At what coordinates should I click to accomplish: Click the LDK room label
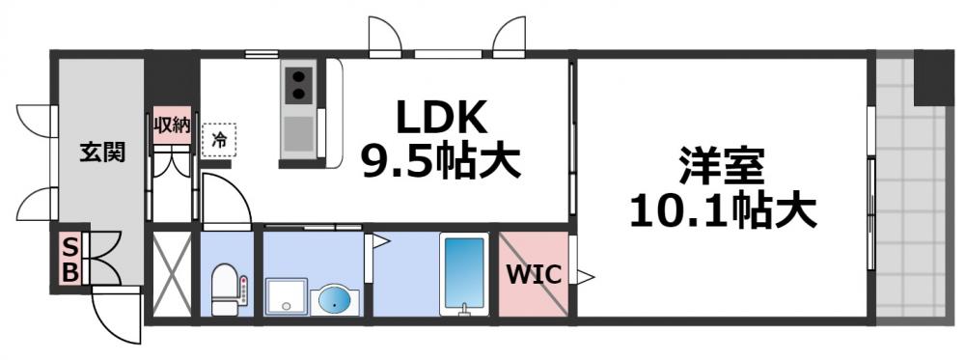click(440, 120)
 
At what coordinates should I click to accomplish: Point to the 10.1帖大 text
click(723, 209)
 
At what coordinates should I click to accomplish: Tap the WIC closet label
click(534, 274)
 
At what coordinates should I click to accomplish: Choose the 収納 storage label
click(174, 125)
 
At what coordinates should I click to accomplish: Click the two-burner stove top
click(299, 85)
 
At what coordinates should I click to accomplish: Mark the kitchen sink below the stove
click(298, 133)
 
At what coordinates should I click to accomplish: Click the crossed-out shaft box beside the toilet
click(172, 272)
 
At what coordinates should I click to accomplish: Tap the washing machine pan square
click(287, 297)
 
